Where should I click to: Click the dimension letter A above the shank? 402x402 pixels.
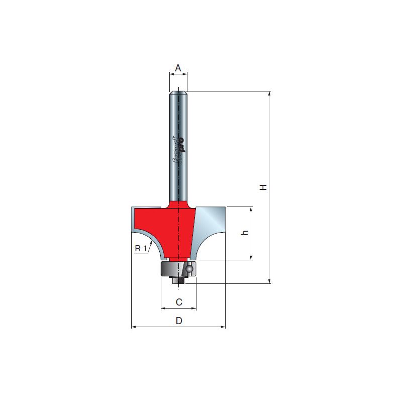pyautogui.click(x=178, y=68)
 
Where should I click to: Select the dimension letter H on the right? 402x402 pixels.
pyautogui.click(x=263, y=187)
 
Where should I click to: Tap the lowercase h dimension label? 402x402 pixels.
pyautogui.click(x=245, y=233)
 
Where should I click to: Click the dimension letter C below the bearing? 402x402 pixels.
pyautogui.click(x=179, y=302)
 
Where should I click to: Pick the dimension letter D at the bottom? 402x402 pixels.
pyautogui.click(x=179, y=321)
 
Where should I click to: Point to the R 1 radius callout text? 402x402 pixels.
pyautogui.click(x=141, y=248)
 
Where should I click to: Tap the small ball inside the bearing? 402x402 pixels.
pyautogui.click(x=189, y=269)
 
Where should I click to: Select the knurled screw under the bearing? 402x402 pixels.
pyautogui.click(x=178, y=280)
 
